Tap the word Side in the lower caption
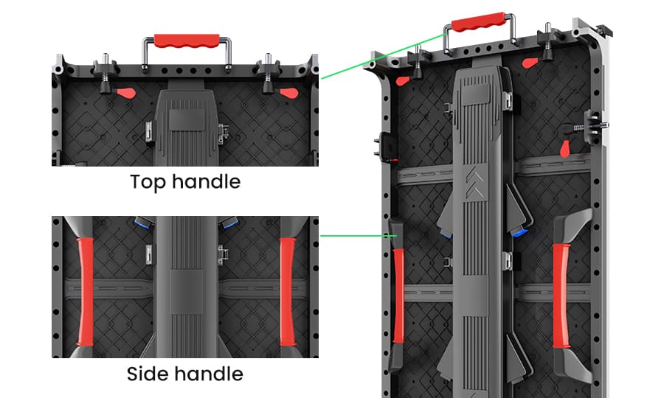coord(147,374)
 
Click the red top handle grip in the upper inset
coord(187,38)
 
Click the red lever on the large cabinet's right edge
coord(565,147)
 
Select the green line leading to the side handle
coord(354,237)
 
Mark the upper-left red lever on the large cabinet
coord(404,79)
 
